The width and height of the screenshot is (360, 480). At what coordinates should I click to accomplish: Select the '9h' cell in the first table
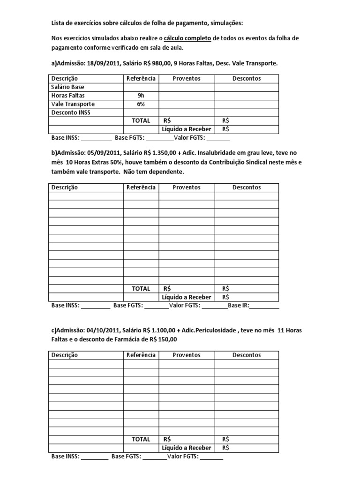[141, 96]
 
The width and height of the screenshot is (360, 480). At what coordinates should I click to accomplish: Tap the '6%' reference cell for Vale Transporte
[141, 104]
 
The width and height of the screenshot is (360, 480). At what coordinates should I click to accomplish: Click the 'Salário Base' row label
[67, 87]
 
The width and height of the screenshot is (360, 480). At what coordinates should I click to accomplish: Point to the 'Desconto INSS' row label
[70, 112]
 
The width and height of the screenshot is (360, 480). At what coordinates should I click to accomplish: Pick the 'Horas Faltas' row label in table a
[68, 96]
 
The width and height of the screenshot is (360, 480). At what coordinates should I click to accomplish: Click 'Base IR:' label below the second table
[239, 306]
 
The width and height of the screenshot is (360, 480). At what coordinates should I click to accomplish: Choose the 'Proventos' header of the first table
[187, 79]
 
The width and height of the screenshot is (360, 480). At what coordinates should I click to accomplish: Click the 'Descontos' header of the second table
[247, 187]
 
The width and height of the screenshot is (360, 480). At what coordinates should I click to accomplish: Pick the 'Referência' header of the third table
[141, 355]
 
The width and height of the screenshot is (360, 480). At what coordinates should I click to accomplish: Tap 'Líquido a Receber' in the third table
[187, 448]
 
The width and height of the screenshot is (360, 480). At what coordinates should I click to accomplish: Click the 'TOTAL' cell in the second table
[141, 289]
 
